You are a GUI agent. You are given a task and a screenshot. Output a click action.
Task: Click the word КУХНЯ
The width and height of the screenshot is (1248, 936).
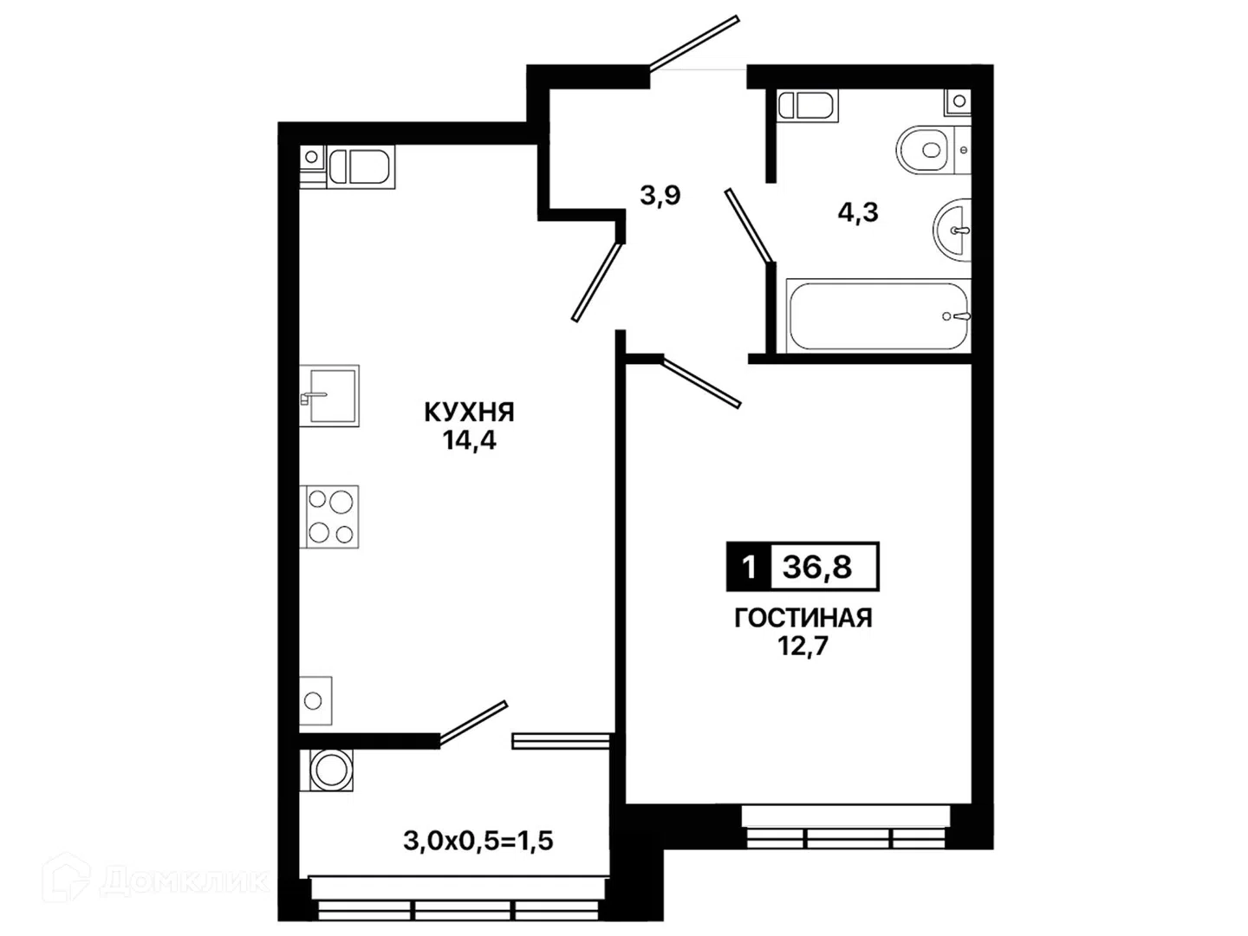[469, 412]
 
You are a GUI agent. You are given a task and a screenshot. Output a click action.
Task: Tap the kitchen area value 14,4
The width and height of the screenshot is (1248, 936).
[470, 440]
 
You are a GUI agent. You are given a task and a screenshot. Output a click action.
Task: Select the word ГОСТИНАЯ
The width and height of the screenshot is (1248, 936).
[803, 618]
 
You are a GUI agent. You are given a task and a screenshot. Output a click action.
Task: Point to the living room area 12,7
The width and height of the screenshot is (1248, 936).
[803, 647]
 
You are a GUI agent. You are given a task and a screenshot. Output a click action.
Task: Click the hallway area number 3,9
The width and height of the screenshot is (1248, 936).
[660, 196]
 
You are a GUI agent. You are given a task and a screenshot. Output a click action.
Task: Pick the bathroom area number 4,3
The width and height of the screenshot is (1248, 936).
[858, 212]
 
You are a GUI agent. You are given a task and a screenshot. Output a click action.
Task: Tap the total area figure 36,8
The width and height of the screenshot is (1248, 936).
[817, 567]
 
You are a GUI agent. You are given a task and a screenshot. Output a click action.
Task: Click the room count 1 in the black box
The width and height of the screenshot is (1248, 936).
[750, 567]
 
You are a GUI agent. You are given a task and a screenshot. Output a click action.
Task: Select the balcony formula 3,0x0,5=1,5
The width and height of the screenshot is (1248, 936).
[478, 841]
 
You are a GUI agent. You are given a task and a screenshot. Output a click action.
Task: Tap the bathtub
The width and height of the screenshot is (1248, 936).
[879, 315]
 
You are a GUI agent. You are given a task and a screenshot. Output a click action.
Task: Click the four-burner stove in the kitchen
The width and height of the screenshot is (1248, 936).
[329, 517]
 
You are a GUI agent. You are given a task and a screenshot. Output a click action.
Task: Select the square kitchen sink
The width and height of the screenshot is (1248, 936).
[329, 395]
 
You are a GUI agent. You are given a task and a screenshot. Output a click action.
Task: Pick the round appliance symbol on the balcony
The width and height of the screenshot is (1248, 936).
[327, 770]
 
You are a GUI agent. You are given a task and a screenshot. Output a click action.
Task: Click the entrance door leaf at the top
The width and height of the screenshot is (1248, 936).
[694, 43]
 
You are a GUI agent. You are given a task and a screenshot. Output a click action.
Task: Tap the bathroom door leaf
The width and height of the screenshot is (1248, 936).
[750, 225]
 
